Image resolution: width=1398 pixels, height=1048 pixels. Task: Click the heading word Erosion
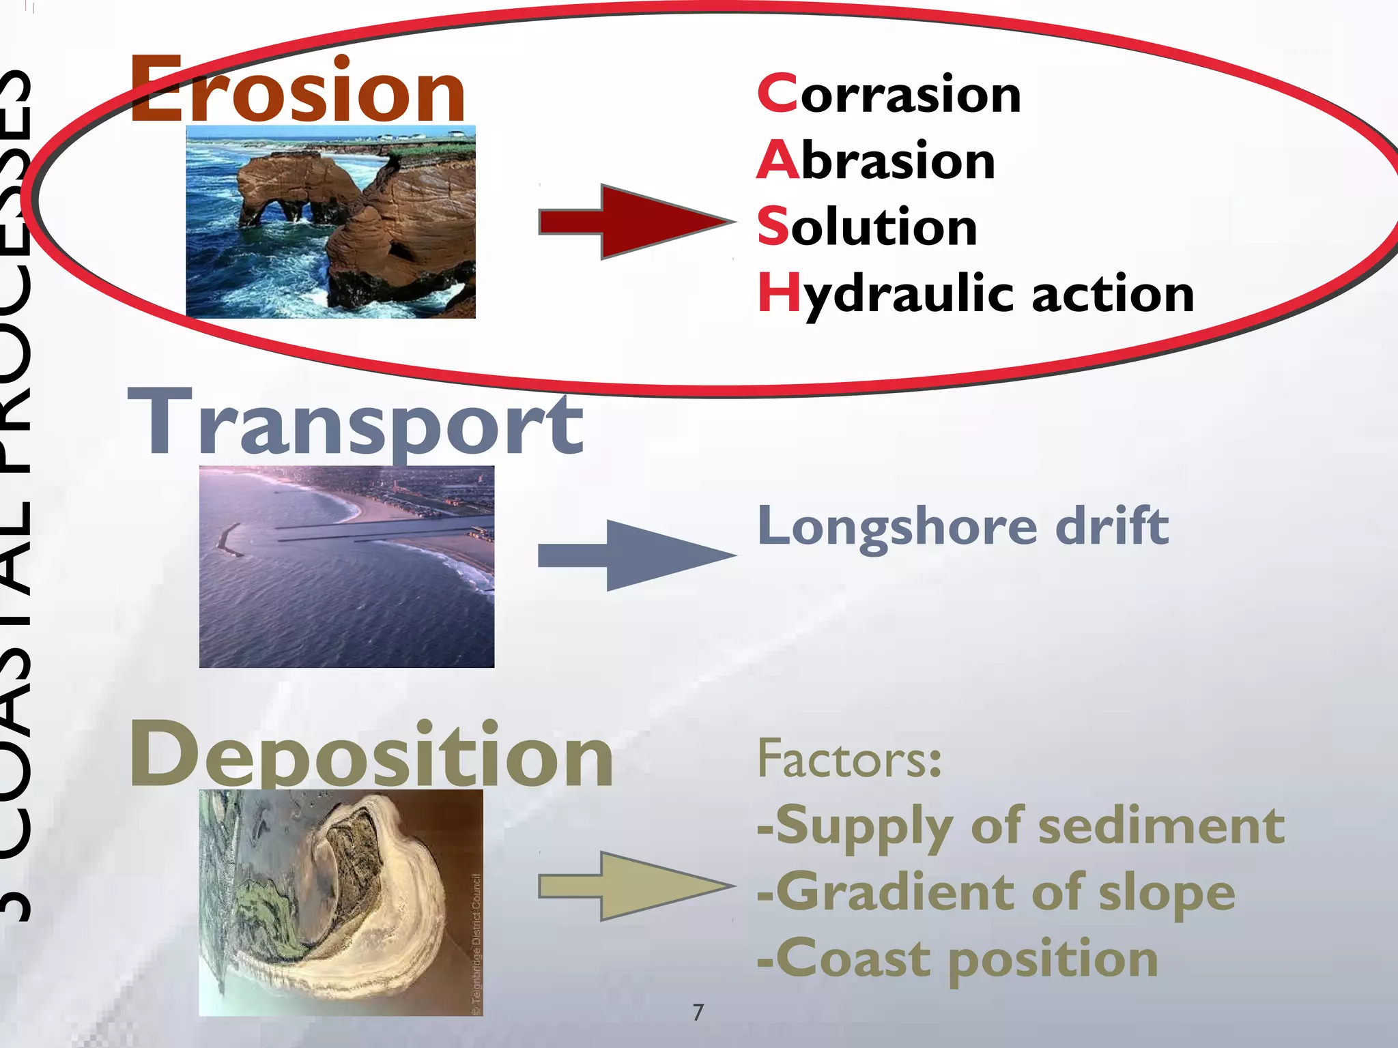click(x=298, y=90)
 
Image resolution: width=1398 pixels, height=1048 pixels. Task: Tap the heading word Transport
click(x=356, y=423)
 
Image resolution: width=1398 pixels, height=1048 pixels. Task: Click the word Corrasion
click(x=889, y=94)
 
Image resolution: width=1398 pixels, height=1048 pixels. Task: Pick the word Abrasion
click(x=876, y=160)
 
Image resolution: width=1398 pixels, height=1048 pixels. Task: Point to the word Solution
click(x=867, y=227)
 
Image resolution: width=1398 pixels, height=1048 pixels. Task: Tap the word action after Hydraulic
click(x=1113, y=295)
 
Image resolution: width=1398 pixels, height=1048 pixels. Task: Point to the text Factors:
click(x=849, y=759)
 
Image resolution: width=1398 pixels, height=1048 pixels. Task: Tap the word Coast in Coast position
click(x=853, y=959)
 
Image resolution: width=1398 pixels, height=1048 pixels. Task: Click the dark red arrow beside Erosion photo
click(x=635, y=222)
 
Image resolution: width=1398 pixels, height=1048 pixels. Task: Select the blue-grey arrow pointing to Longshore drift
click(x=635, y=555)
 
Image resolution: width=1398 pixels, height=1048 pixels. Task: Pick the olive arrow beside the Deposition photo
click(x=635, y=886)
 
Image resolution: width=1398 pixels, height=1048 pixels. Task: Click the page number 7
click(x=698, y=1012)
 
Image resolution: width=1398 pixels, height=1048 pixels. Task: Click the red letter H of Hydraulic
click(x=778, y=292)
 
